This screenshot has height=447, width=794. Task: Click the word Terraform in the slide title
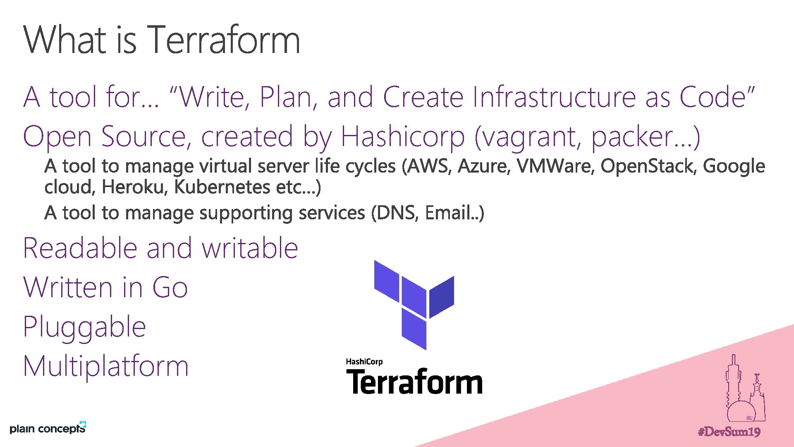(x=224, y=40)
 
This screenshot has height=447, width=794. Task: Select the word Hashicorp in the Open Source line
(x=403, y=137)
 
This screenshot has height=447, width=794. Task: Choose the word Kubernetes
(x=222, y=187)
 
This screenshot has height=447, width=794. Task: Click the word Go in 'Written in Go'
(x=170, y=287)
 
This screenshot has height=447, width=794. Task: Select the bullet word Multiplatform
(x=106, y=366)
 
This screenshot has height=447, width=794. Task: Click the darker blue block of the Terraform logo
(x=442, y=296)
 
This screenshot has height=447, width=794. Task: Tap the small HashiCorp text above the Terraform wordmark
(x=364, y=362)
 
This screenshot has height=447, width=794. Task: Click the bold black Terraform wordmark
(x=414, y=382)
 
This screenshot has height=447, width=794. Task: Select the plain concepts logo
(x=48, y=428)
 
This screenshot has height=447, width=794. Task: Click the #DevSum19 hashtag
(x=729, y=432)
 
